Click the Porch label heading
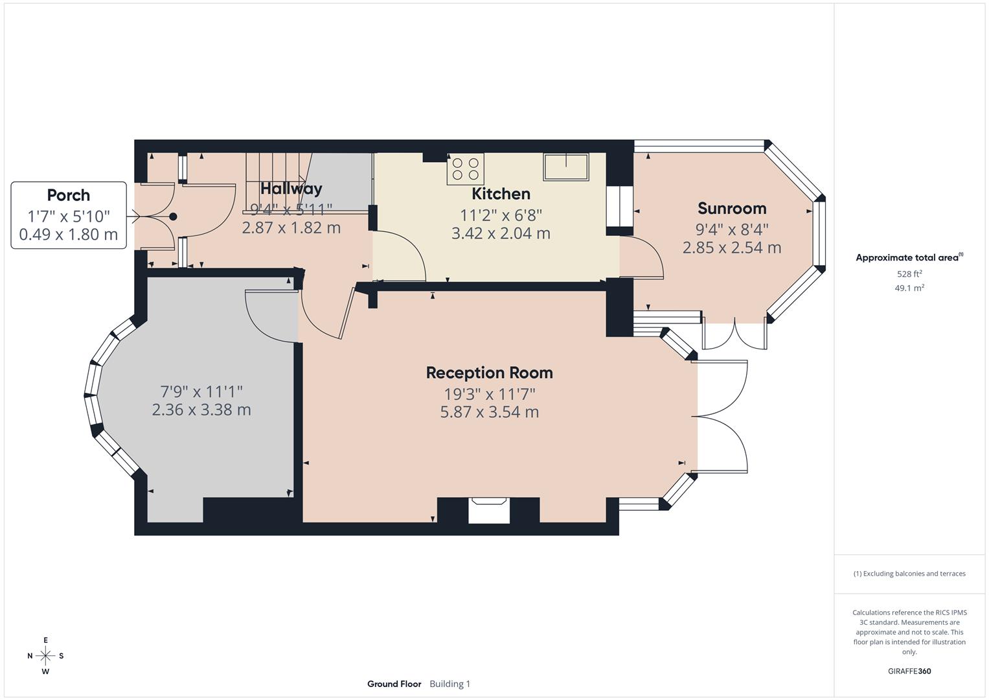pyautogui.click(x=68, y=195)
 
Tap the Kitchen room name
pyautogui.click(x=501, y=194)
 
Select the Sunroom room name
pyautogui.click(x=732, y=209)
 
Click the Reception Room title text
pyautogui.click(x=489, y=373)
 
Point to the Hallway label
pyautogui.click(x=291, y=189)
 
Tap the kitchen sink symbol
pyautogui.click(x=566, y=167)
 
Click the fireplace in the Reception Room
pyautogui.click(x=489, y=509)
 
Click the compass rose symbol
pyautogui.click(x=45, y=656)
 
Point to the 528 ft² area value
pyautogui.click(x=909, y=274)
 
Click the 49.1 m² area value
pyautogui.click(x=909, y=288)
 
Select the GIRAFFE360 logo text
pyautogui.click(x=909, y=671)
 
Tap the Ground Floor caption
pyautogui.click(x=394, y=684)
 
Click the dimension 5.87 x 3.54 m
pyautogui.click(x=489, y=412)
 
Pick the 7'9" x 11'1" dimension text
pyautogui.click(x=201, y=391)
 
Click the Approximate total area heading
pyautogui.click(x=909, y=258)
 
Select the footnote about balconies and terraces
pyautogui.click(x=909, y=574)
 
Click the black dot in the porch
pyautogui.click(x=173, y=217)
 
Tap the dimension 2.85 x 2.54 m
pyautogui.click(x=732, y=248)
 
